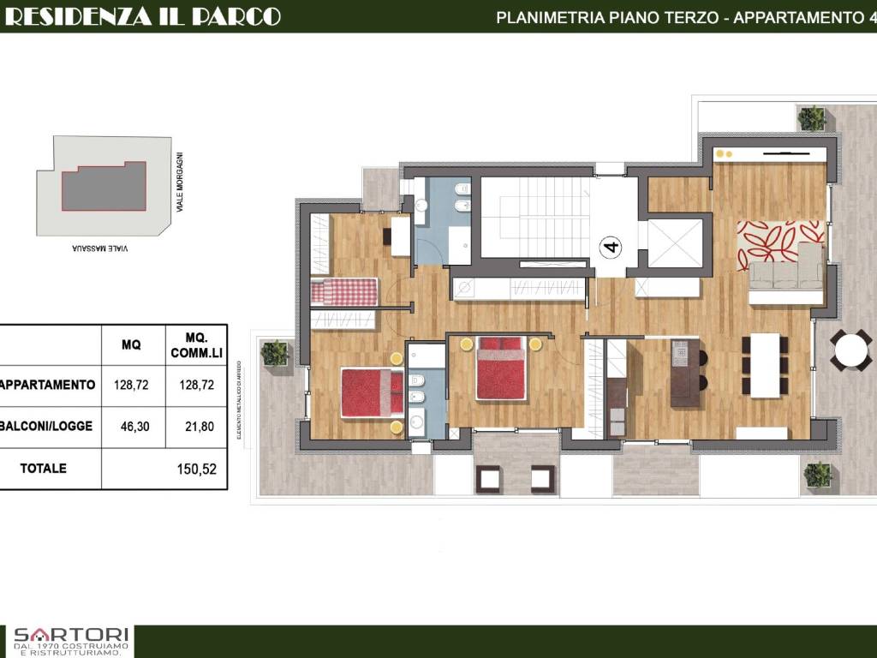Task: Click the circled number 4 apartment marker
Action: click(x=612, y=248)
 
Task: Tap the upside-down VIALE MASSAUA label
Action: click(x=101, y=248)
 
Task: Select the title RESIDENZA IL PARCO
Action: click(x=142, y=16)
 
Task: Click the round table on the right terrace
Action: click(x=850, y=350)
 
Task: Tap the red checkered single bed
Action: click(x=343, y=292)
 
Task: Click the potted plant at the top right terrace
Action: click(x=811, y=118)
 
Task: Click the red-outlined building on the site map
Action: click(x=103, y=187)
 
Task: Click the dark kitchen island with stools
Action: click(x=685, y=373)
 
